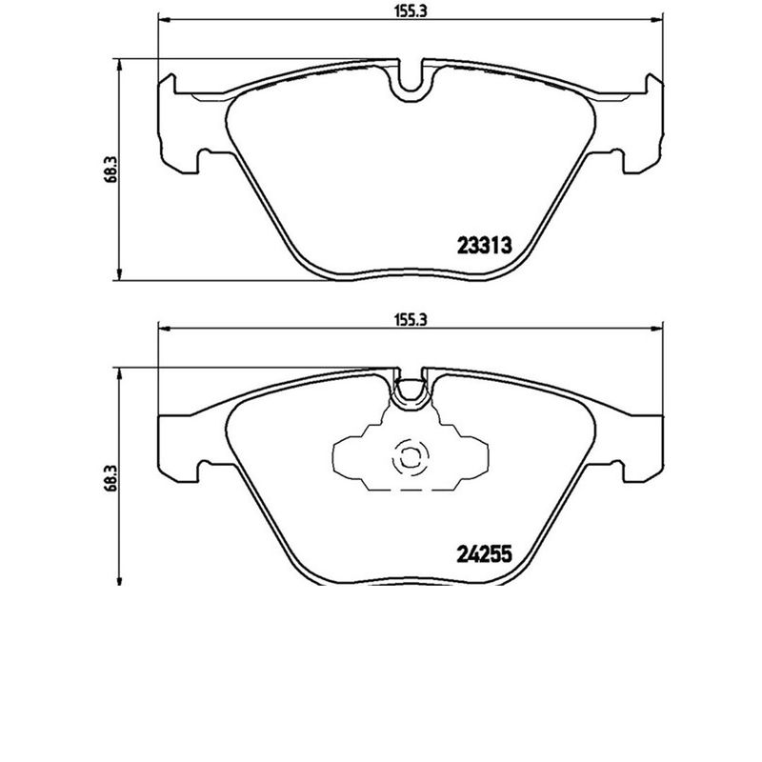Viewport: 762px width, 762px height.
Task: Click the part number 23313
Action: coord(486,244)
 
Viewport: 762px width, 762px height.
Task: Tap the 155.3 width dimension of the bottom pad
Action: coord(407,321)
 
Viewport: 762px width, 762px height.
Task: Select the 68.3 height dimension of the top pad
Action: coord(110,169)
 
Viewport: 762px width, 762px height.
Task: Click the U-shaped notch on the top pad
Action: coord(411,84)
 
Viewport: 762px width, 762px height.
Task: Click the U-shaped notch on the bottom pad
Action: coord(411,391)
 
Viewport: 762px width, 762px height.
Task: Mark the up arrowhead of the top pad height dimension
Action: coord(119,64)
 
